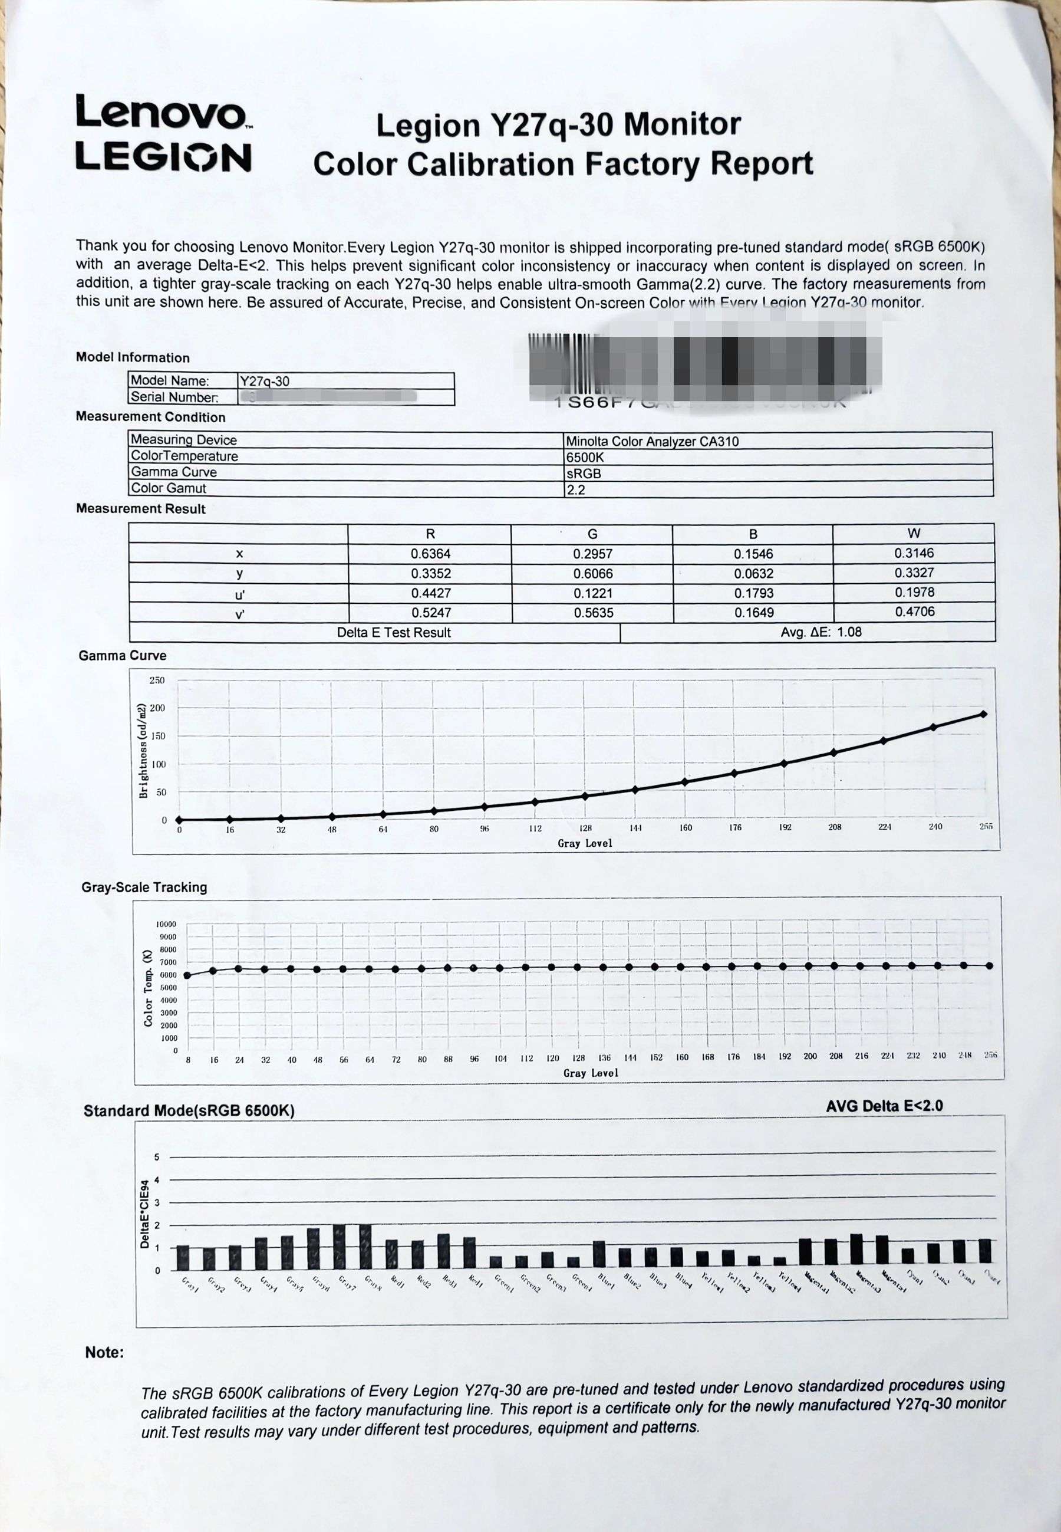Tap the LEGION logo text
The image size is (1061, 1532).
163,157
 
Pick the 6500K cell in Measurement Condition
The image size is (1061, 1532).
584,458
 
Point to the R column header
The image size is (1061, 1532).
430,534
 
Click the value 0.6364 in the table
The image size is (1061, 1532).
430,554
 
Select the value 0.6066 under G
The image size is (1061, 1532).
592,573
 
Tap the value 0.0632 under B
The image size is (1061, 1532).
754,573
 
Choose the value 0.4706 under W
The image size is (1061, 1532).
914,612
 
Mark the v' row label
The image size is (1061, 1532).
239,614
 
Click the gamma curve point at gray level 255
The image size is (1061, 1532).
983,714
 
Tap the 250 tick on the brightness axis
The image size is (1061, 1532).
157,680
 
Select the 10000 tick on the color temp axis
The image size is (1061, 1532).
166,924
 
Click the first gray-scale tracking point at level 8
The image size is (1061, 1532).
187,975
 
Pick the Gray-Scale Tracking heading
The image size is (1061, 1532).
144,887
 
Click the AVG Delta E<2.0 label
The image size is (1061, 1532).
884,1106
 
